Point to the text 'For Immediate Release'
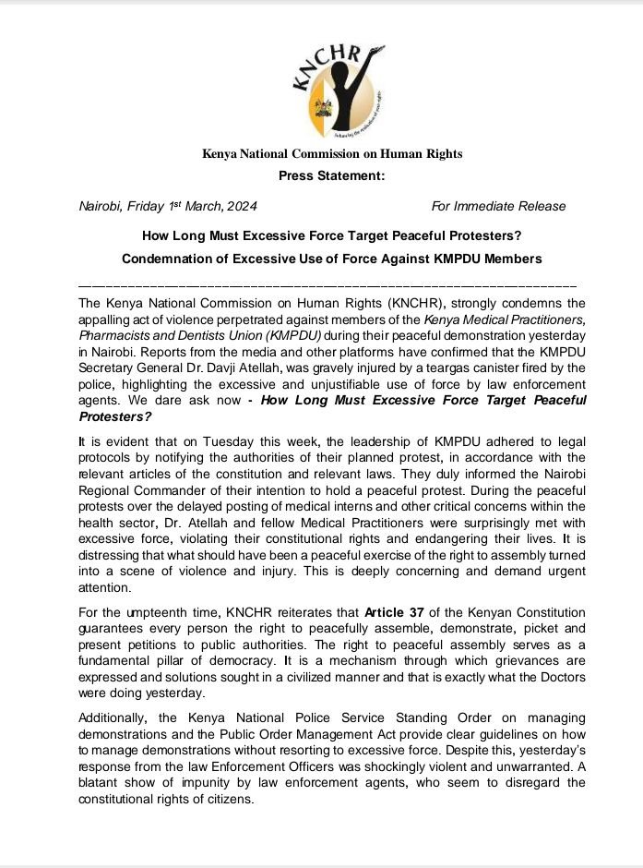coord(498,205)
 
